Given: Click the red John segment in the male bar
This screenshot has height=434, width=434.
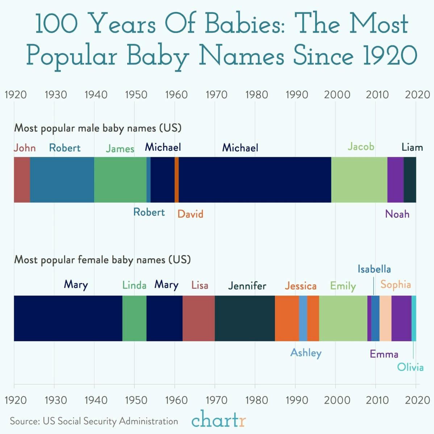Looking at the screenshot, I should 22,180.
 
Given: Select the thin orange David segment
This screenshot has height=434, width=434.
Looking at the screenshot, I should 176,180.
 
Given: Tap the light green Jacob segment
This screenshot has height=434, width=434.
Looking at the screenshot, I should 359,180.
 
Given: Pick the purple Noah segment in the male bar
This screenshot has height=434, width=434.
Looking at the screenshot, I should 395,180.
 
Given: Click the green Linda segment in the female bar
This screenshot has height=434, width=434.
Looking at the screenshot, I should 134,318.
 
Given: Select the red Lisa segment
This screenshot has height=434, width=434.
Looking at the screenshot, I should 199,318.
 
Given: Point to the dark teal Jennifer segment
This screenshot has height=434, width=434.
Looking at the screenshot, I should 245,318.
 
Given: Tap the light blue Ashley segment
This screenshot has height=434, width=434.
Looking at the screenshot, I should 303,318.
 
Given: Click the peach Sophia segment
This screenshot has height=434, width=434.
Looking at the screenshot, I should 385,318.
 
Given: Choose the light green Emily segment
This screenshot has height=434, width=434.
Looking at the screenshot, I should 343,318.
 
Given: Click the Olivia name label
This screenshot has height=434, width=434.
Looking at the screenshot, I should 410,367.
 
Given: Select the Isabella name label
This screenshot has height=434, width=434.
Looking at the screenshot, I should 374,269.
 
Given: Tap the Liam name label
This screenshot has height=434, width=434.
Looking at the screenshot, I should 412,147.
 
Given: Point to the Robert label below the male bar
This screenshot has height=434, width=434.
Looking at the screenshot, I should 149,212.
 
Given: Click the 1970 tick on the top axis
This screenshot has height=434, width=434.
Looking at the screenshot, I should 216,95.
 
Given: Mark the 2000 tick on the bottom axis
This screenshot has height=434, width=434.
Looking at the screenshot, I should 337,400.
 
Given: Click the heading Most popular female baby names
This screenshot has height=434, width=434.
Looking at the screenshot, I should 102,260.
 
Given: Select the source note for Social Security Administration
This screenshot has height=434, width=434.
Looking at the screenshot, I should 94,421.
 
